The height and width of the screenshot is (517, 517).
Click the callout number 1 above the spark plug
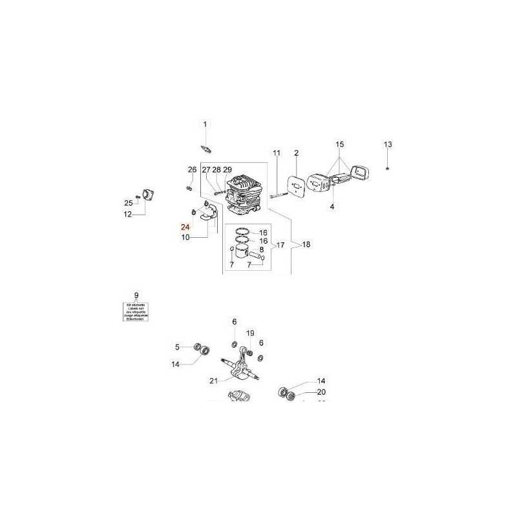coord(206,124)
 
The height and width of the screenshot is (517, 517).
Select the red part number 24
coord(185,227)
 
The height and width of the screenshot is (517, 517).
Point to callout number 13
coord(388,144)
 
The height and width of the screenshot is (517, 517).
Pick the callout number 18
coord(306,245)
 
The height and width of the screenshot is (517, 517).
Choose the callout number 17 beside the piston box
coord(280,245)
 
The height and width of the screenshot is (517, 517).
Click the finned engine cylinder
coord(242,194)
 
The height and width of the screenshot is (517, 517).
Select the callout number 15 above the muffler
coord(340,144)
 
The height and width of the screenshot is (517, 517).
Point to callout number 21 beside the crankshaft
coord(213,381)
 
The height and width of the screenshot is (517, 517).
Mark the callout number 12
coord(128,214)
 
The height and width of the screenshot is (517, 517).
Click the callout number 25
coord(128,204)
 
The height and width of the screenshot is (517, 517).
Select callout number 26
coord(192,170)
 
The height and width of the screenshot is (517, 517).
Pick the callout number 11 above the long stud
coord(277,153)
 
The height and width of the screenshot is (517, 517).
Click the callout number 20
coord(321,392)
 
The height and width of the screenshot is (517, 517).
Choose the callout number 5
coord(177,347)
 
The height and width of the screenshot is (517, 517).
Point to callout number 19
coord(251,332)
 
